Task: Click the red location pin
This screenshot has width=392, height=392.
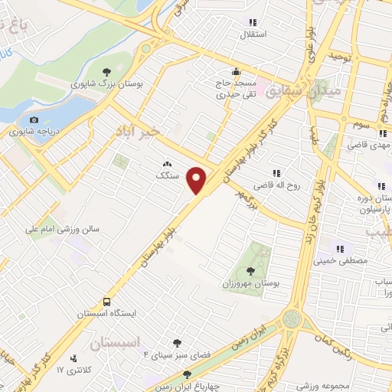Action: pos(198,181)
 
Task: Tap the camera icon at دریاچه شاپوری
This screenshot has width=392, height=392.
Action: pos(34,119)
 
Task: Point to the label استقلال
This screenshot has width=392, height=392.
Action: pos(253,34)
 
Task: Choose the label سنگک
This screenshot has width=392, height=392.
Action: pos(167,175)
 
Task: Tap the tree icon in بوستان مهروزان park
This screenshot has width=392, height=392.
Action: pos(251,270)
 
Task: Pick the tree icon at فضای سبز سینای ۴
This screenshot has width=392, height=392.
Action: pos(178,344)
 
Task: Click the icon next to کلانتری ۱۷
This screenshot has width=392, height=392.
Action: pos(73,358)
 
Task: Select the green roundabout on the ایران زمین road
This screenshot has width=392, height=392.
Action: pos(292,318)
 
